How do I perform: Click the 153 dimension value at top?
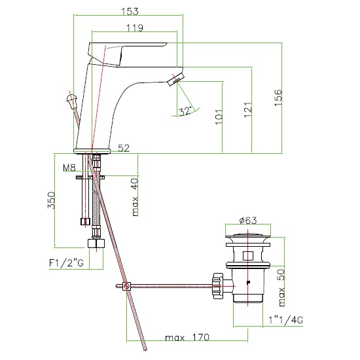(130, 11)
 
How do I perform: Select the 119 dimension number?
(135, 27)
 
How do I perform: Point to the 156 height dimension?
(278, 98)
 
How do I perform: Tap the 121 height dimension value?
(247, 110)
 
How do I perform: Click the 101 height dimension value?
(219, 117)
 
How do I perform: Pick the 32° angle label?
(185, 111)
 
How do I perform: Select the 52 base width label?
(124, 148)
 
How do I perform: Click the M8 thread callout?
(69, 168)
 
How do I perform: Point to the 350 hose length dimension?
(51, 200)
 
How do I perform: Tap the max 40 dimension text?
(135, 197)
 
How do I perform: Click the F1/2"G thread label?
(66, 263)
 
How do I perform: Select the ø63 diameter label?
(248, 220)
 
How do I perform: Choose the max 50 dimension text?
(281, 288)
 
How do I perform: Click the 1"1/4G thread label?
(286, 320)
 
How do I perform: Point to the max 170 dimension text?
(187, 338)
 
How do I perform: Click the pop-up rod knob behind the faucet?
(72, 101)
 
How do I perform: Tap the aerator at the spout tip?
(175, 79)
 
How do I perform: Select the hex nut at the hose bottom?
(96, 243)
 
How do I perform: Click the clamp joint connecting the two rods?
(127, 286)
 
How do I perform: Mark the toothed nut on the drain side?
(218, 286)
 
